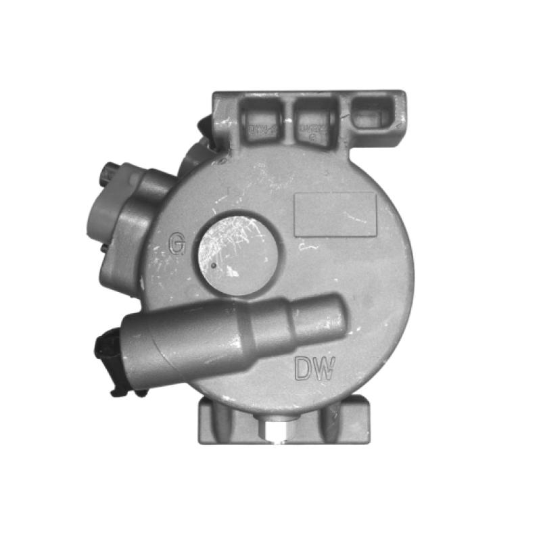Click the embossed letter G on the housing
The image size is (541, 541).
point(177,243)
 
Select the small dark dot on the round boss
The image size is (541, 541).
point(214,265)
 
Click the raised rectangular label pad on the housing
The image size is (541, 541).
point(335,214)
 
